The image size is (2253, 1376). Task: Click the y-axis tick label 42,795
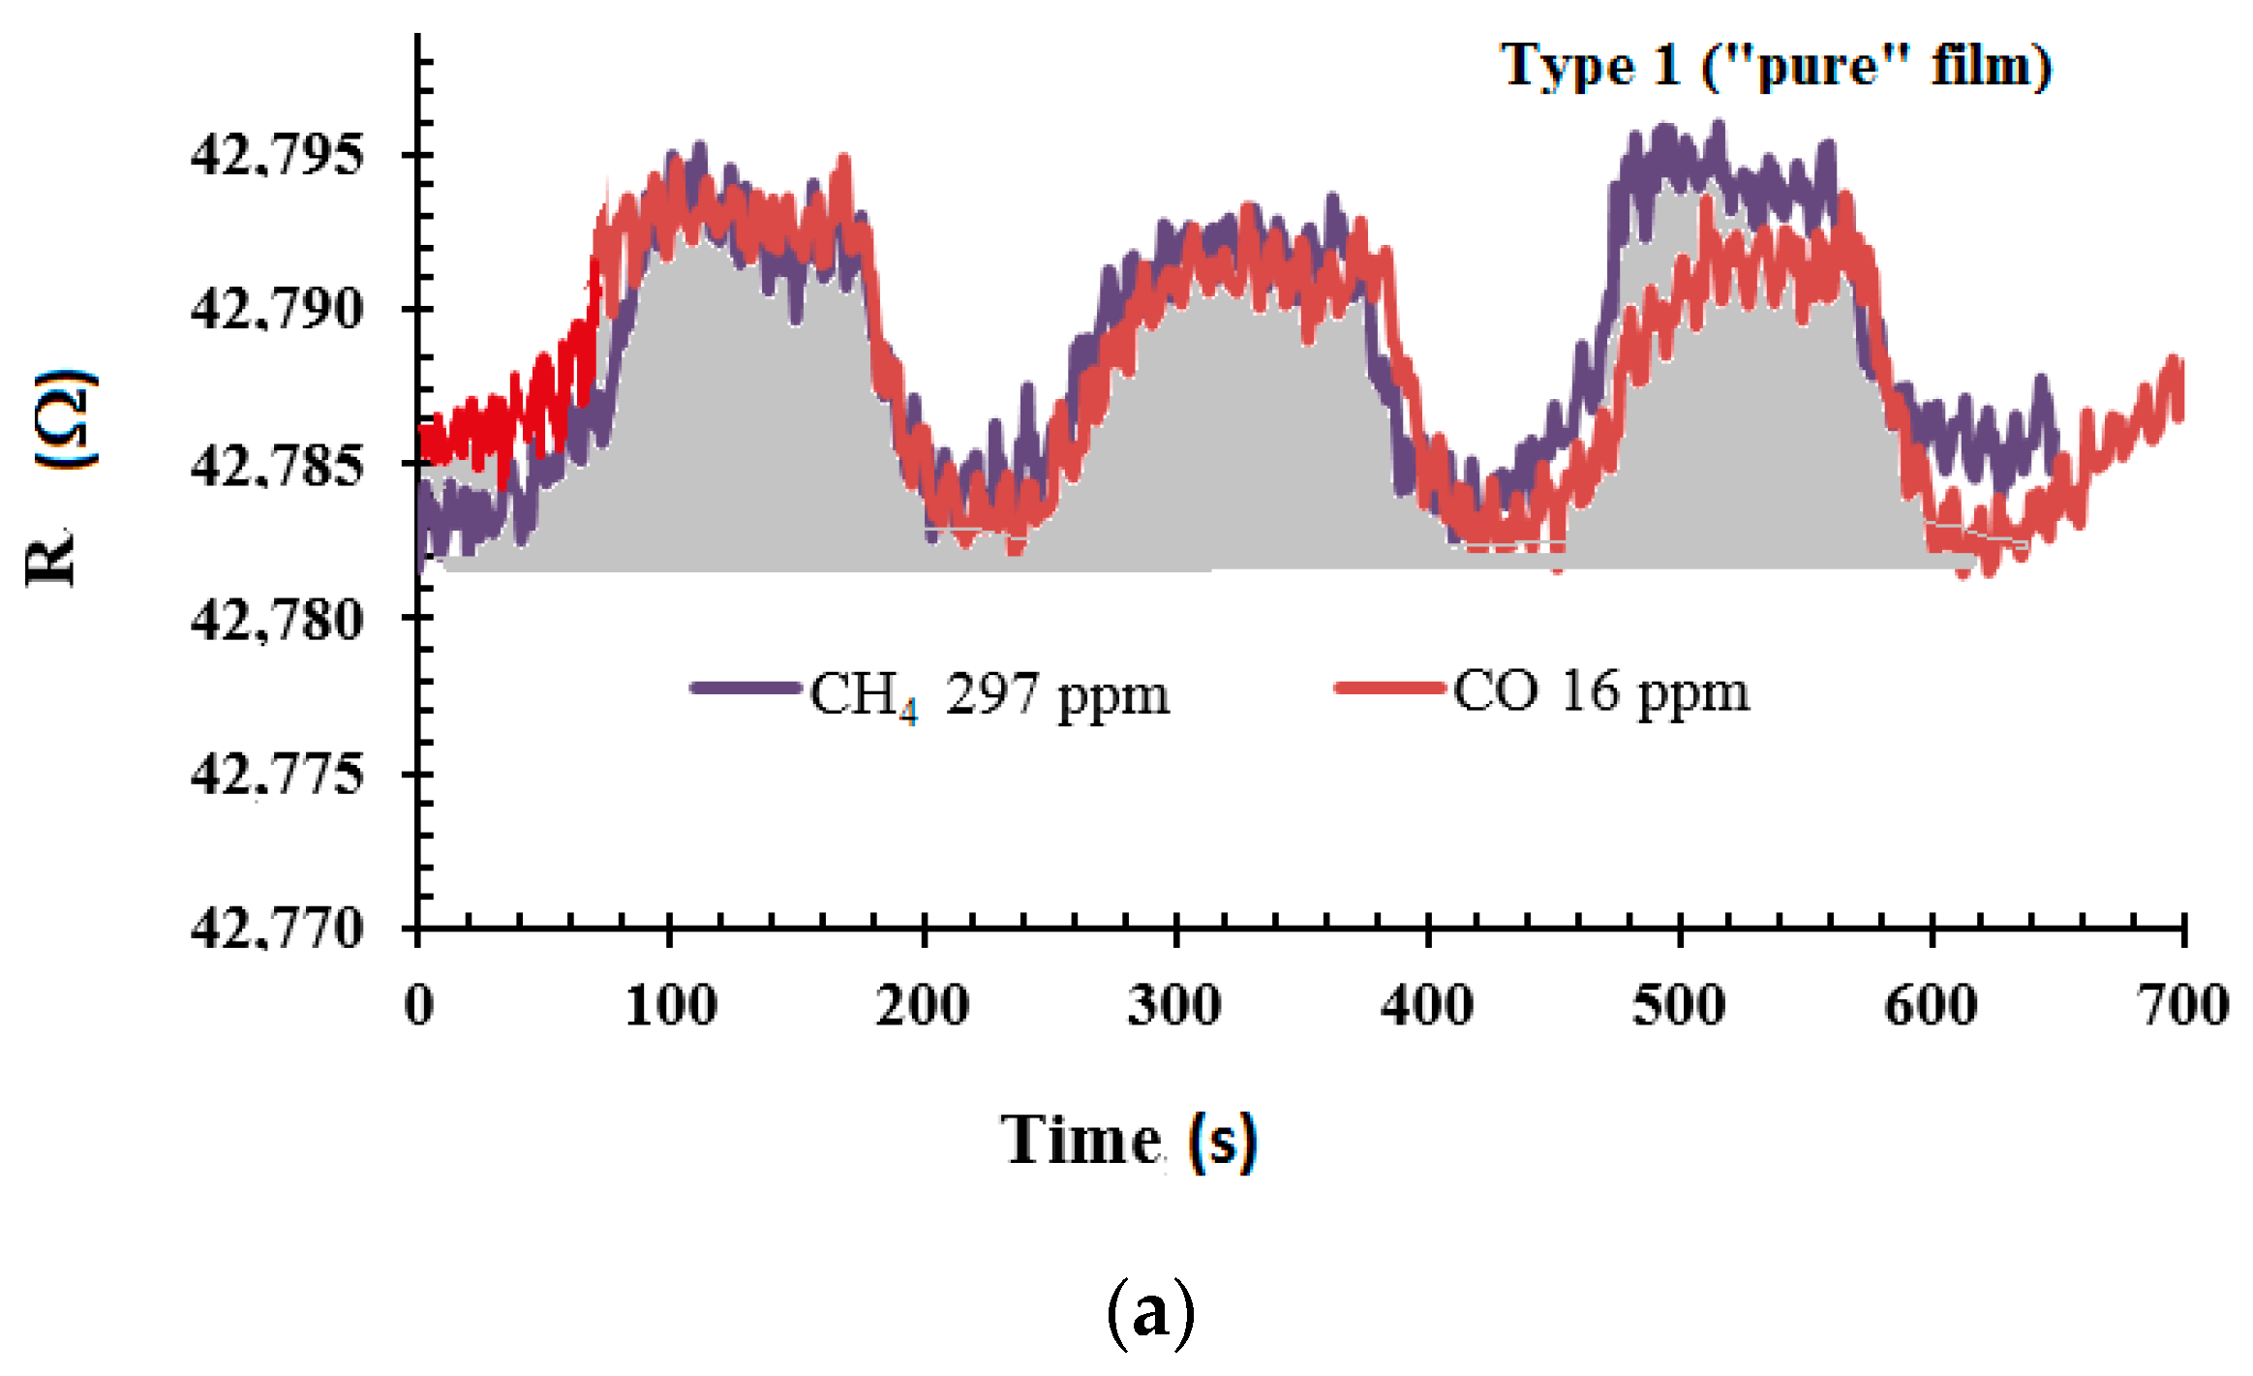(277, 155)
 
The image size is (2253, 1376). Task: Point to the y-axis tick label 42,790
(277, 310)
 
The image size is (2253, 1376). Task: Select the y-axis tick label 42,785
(277, 466)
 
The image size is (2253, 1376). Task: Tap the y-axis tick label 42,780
(277, 620)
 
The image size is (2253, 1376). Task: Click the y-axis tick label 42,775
(277, 775)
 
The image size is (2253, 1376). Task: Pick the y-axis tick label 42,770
(277, 929)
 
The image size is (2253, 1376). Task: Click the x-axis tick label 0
(419, 1005)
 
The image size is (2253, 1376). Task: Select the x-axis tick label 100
(671, 1005)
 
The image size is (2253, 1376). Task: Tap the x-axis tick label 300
(1174, 1005)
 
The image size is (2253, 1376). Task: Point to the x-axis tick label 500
(1679, 1005)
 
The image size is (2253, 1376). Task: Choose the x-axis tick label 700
(2183, 1005)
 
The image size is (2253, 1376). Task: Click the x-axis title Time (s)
(1129, 1141)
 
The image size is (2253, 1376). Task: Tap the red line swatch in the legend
(1389, 688)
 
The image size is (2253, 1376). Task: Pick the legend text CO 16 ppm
(1601, 692)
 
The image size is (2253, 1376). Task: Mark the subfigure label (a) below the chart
(1149, 1313)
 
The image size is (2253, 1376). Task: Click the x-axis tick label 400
(1427, 1005)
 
